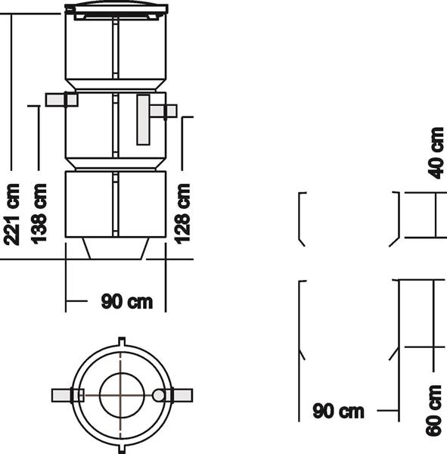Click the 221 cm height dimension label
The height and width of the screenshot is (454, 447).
[11, 214]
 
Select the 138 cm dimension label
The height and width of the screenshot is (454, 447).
[39, 213]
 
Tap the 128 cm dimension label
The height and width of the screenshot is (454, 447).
[182, 213]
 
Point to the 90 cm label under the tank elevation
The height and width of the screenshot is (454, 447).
[127, 301]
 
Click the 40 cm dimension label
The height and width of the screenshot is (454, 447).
[436, 153]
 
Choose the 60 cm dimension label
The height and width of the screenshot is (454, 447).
[434, 410]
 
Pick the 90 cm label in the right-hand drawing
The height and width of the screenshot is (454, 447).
[338, 411]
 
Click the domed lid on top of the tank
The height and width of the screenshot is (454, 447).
[116, 8]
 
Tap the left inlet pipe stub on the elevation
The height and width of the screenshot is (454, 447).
[62, 100]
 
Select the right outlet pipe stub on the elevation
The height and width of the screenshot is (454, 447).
[163, 111]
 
